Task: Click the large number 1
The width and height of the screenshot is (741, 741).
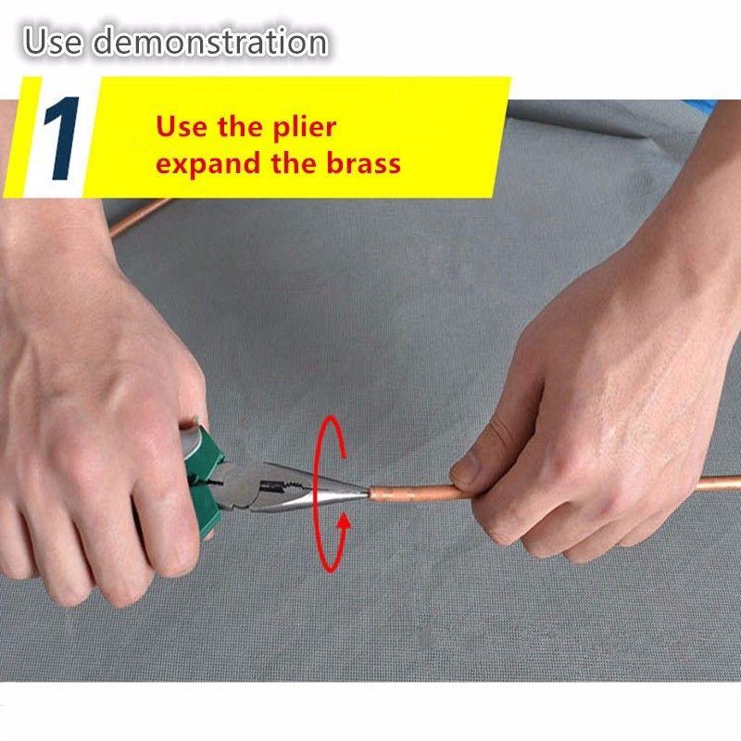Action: click(x=61, y=138)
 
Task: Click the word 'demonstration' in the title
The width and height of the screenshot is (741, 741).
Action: click(x=209, y=42)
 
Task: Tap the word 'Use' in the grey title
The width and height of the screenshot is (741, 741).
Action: click(x=53, y=42)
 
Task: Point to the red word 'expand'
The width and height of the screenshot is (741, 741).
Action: click(x=209, y=164)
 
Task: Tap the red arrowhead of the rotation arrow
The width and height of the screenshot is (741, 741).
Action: click(x=345, y=521)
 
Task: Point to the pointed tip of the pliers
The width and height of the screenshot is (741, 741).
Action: click(x=367, y=494)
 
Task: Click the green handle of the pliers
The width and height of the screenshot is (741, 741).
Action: click(x=204, y=477)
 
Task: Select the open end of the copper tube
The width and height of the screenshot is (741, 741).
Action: click(x=372, y=495)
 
